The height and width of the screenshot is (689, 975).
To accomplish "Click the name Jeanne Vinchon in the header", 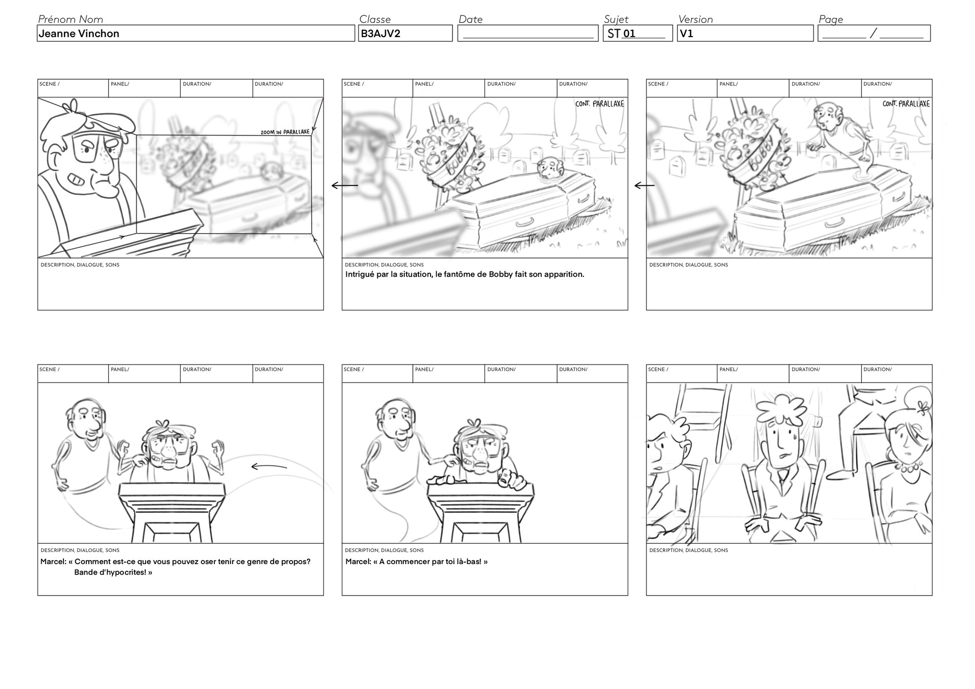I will click(79, 34).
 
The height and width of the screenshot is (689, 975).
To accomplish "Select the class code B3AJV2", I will click(380, 34).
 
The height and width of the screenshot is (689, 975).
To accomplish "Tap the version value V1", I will click(687, 34).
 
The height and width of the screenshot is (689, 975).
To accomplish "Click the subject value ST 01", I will click(622, 34).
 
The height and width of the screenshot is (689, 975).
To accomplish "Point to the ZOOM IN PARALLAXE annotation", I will click(285, 132).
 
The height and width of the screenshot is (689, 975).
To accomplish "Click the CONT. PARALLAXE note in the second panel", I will click(600, 104).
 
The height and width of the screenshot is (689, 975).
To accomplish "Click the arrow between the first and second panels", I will click(345, 186).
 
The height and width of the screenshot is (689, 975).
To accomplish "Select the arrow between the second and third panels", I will click(644, 186).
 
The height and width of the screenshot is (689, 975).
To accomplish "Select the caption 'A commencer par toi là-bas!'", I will click(416, 562).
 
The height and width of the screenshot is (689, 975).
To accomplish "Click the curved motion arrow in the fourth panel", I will click(269, 467).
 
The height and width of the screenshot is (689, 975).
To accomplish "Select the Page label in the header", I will click(831, 19).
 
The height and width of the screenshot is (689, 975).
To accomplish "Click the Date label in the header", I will click(470, 19).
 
